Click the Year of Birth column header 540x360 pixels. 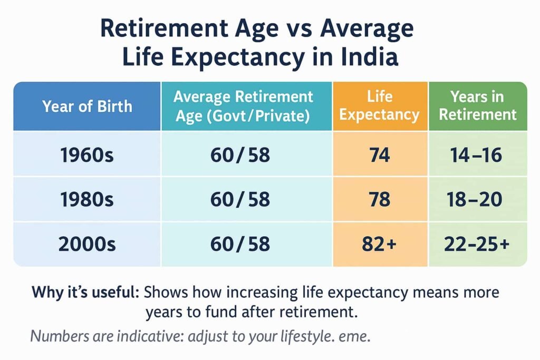[x=88, y=106]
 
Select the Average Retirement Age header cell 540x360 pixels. [x=243, y=106]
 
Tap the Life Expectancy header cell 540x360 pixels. [x=380, y=106]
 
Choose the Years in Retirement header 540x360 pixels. [x=478, y=106]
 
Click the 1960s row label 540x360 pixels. [x=88, y=155]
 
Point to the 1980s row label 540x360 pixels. [x=88, y=199]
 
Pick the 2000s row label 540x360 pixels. [x=88, y=244]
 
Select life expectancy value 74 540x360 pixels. [x=380, y=155]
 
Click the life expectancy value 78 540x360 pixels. [x=380, y=199]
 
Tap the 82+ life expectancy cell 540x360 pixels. [x=380, y=244]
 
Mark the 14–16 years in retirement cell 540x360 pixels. [x=478, y=155]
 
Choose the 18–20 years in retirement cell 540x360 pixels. [x=478, y=199]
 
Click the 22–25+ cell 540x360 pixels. [x=478, y=244]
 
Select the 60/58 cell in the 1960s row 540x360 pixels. [x=243, y=155]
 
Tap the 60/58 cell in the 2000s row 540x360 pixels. [x=243, y=244]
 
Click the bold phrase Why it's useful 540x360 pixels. [x=85, y=292]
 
